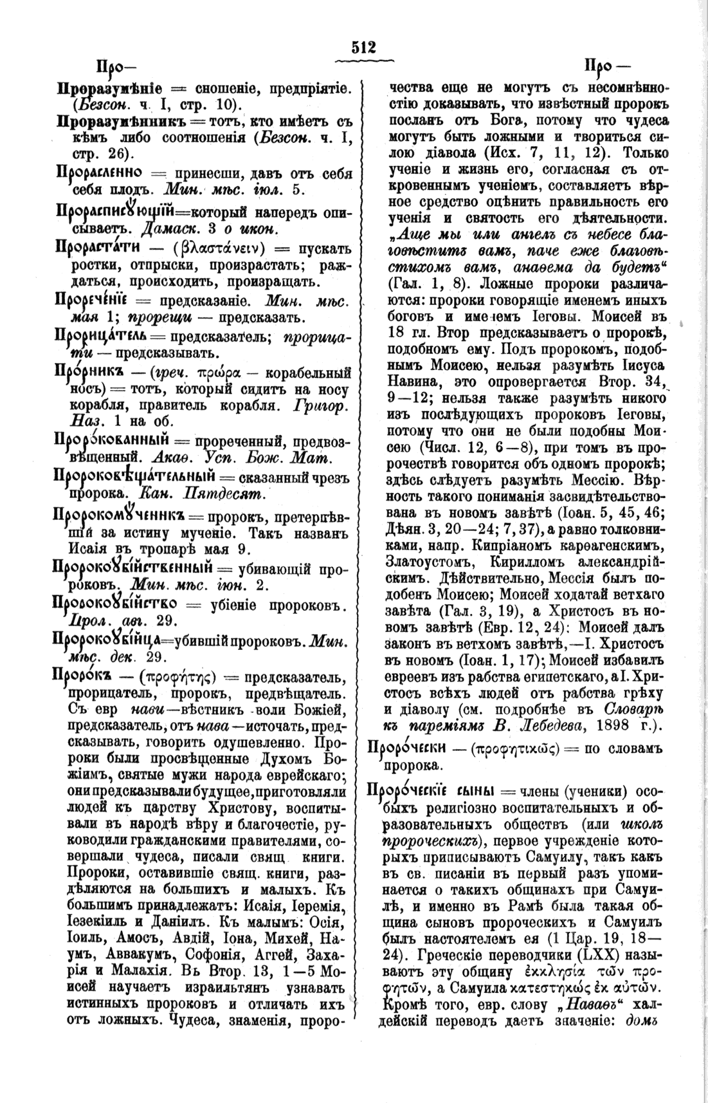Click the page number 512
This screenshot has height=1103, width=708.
click(x=363, y=48)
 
